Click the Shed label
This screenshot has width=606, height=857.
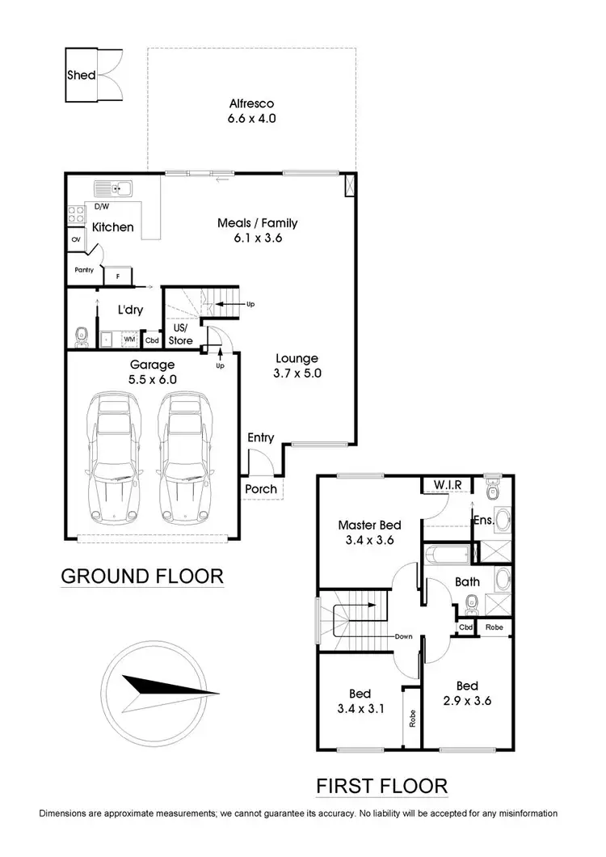point(82,75)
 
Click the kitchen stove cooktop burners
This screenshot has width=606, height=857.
point(77,215)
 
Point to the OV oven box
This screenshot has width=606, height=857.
point(76,240)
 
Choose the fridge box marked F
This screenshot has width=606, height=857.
point(119,276)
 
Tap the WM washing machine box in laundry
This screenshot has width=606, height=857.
point(128,339)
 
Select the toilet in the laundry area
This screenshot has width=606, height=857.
point(80,335)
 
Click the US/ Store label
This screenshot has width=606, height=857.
point(180,335)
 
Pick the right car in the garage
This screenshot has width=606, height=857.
point(183,457)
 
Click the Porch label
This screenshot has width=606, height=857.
point(260,488)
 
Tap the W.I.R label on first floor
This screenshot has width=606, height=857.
point(447,485)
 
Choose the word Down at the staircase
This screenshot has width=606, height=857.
point(404,636)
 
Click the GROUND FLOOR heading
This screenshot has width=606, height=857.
point(142,576)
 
